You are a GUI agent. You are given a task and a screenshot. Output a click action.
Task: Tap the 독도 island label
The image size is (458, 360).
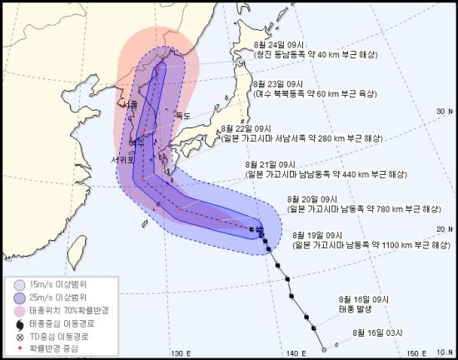(x=183, y=115)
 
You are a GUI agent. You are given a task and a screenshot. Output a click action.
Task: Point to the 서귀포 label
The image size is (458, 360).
(x=121, y=157)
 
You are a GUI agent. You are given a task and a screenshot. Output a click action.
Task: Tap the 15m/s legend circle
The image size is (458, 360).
(x=20, y=284)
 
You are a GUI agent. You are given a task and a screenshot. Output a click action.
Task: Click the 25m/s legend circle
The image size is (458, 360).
(x=20, y=297)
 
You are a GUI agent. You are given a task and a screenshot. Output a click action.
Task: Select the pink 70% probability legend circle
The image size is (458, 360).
(x=20, y=311)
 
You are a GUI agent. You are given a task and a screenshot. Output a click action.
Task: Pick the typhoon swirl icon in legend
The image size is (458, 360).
(x=20, y=324)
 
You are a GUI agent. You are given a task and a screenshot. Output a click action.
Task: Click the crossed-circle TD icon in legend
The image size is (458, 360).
(x=20, y=337)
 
